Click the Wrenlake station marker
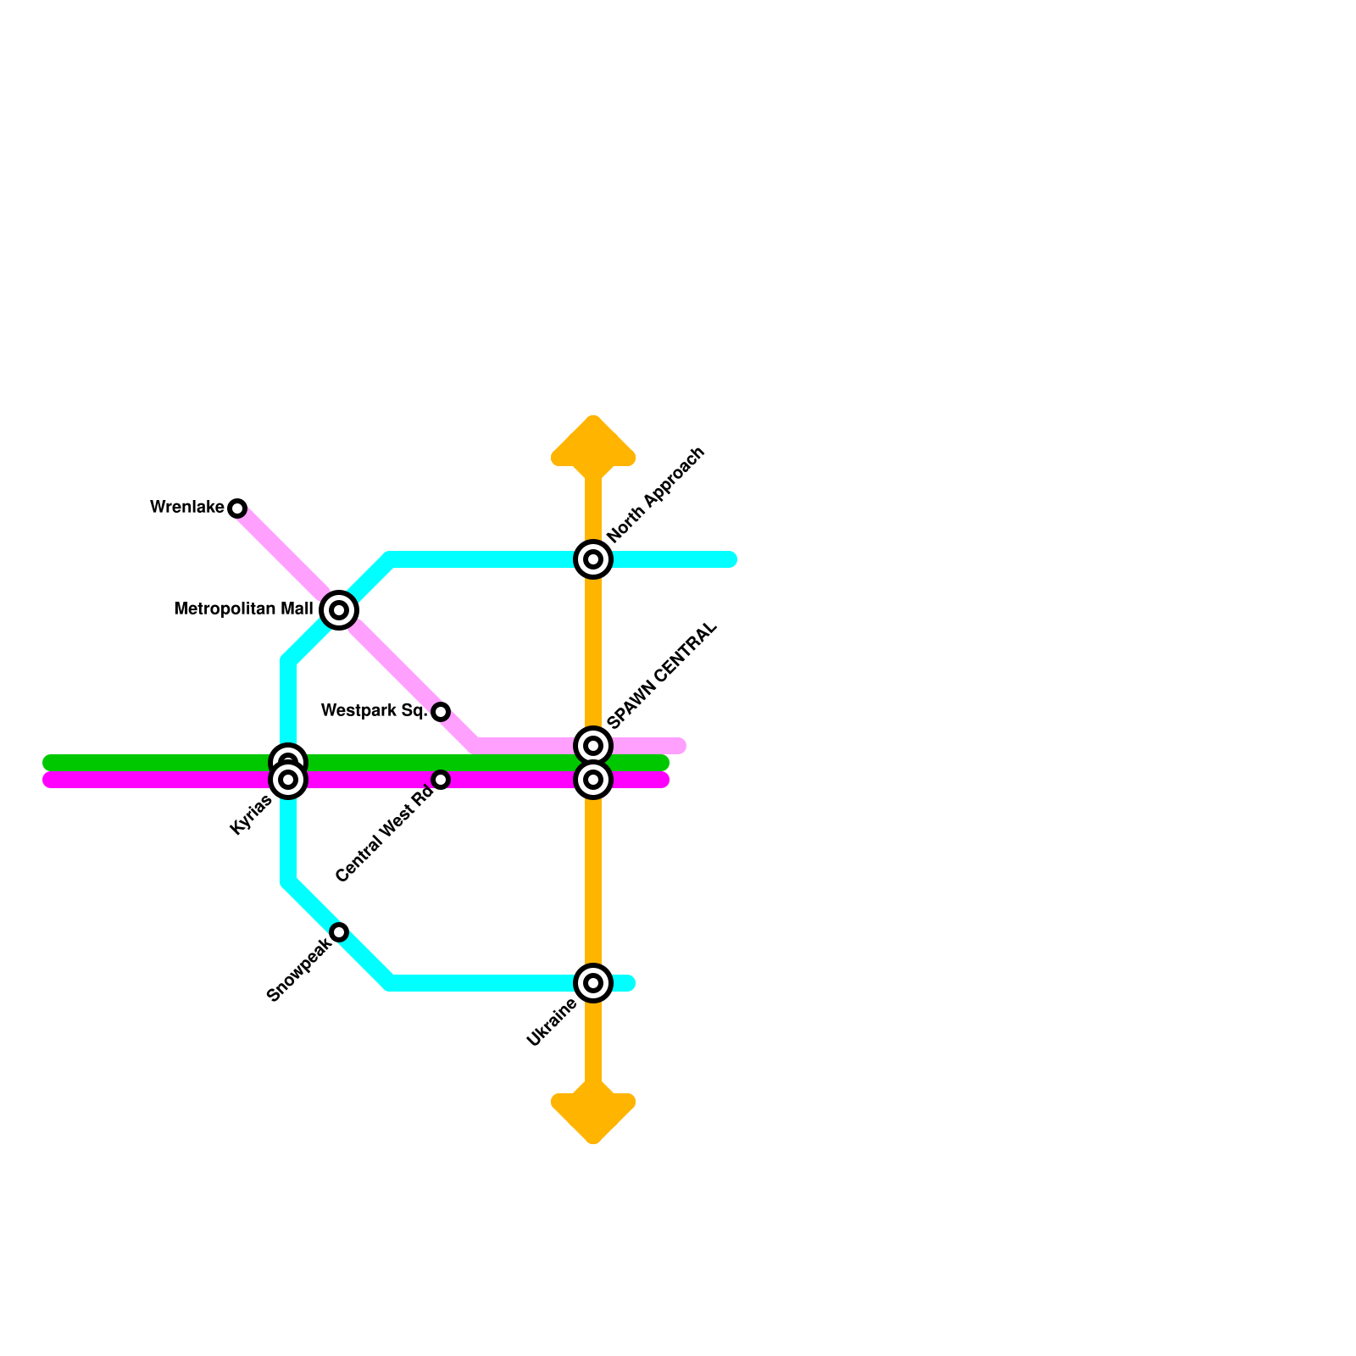(237, 508)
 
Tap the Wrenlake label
(186, 508)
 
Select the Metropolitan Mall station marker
(339, 610)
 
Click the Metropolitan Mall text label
(243, 609)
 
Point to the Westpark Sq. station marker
(441, 712)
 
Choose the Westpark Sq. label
(374, 711)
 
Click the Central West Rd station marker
(441, 780)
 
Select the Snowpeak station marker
(339, 932)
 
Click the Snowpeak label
(298, 971)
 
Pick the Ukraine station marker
(593, 983)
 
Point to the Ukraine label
(551, 1024)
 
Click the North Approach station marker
(593, 559)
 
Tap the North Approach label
(656, 494)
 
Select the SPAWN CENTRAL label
(663, 675)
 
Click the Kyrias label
(251, 815)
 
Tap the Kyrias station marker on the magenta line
(288, 780)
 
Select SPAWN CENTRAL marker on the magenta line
(593, 780)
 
